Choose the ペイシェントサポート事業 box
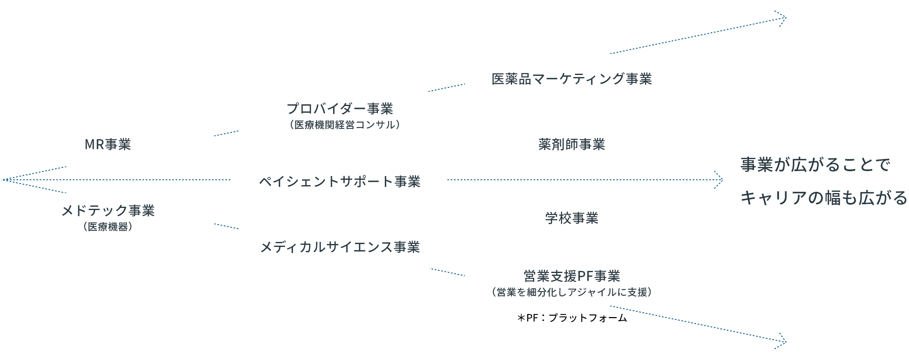(340, 181)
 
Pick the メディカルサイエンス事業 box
(340, 246)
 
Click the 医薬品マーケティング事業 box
(572, 78)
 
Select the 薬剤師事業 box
(572, 143)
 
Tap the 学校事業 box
(572, 217)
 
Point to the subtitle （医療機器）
(108, 227)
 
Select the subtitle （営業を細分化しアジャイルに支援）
(572, 292)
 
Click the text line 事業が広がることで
(815, 165)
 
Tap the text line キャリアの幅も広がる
(824, 198)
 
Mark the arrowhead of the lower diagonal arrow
(782, 341)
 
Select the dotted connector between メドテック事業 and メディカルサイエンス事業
(226, 226)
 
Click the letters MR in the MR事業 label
(94, 144)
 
